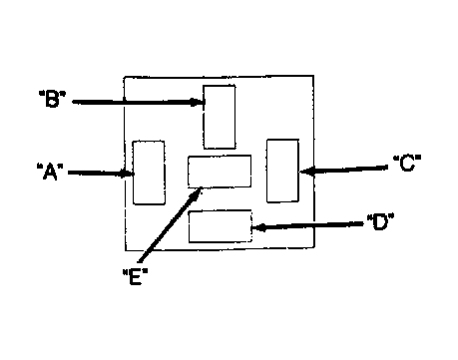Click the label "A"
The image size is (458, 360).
(x=50, y=172)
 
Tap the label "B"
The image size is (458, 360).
(x=52, y=98)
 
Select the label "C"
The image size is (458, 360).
(x=407, y=163)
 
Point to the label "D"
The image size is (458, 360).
(x=380, y=222)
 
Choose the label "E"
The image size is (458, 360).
(x=135, y=276)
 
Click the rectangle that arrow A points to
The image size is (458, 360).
(x=149, y=173)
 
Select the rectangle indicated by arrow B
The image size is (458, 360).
(x=220, y=117)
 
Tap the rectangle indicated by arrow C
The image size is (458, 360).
(x=282, y=171)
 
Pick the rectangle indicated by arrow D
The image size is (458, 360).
(x=221, y=226)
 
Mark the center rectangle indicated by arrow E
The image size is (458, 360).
(x=220, y=172)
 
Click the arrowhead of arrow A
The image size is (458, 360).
(x=128, y=174)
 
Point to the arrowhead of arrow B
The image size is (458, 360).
(x=198, y=102)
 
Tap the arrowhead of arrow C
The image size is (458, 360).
(x=306, y=172)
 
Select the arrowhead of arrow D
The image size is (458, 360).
(x=258, y=228)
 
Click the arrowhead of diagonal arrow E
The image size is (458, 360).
(x=197, y=193)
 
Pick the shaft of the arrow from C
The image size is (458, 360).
(x=343, y=170)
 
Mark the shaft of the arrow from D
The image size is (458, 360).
(x=307, y=226)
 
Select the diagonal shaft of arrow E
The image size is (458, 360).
(x=171, y=224)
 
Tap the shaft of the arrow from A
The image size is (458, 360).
(x=101, y=173)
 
